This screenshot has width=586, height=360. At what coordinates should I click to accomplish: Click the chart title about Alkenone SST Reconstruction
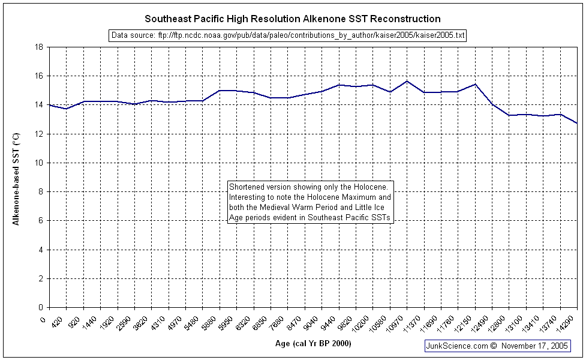pyautogui.click(x=293, y=19)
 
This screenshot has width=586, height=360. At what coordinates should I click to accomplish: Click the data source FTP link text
pyautogui.click(x=288, y=35)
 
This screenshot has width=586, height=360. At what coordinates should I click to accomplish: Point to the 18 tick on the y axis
pyautogui.click(x=39, y=47)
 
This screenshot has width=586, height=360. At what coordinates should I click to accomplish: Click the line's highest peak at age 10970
pyautogui.click(x=407, y=81)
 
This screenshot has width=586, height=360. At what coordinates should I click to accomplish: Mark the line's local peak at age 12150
pyautogui.click(x=475, y=84)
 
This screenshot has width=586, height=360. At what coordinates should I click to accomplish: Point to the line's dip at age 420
pyautogui.click(x=66, y=109)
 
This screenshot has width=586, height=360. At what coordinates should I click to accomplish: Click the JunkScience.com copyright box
pyautogui.click(x=497, y=346)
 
